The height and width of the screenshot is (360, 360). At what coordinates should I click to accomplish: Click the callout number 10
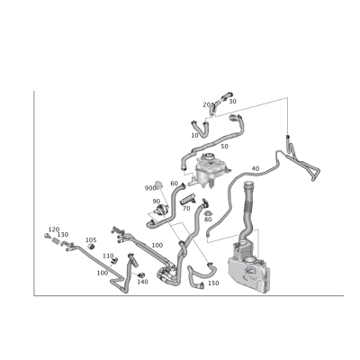coord(194,135)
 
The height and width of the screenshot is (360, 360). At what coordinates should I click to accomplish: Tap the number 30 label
coord(232,102)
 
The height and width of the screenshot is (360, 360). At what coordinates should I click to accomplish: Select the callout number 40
coord(256,168)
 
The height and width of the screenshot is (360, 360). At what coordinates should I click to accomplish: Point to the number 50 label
coord(224,147)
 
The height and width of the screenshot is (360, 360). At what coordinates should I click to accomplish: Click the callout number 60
coord(175,184)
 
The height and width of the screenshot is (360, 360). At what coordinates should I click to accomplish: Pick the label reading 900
coord(150,188)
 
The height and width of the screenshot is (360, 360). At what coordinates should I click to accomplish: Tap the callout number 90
coord(157,201)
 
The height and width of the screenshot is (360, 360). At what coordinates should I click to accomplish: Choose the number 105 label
coord(91,240)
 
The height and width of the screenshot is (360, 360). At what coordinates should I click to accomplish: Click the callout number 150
coord(213,283)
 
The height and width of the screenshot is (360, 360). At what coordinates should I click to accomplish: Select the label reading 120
coord(54,229)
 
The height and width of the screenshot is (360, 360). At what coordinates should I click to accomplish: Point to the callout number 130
coord(63,234)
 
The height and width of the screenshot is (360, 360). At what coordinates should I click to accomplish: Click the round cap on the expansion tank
coord(208,157)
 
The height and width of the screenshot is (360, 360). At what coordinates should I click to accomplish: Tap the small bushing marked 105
coord(91,247)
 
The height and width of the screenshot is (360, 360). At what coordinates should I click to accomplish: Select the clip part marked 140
coord(141,274)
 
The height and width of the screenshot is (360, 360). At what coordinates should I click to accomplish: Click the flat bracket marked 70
coord(188,200)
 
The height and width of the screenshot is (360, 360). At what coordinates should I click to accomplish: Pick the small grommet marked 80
coord(208,213)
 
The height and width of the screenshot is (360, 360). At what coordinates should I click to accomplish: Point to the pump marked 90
coord(161,210)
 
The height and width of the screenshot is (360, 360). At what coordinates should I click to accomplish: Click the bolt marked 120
coord(47,236)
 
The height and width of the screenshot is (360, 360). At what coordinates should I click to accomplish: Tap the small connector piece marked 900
coord(158,184)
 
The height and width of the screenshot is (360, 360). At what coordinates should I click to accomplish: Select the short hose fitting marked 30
coord(226,95)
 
